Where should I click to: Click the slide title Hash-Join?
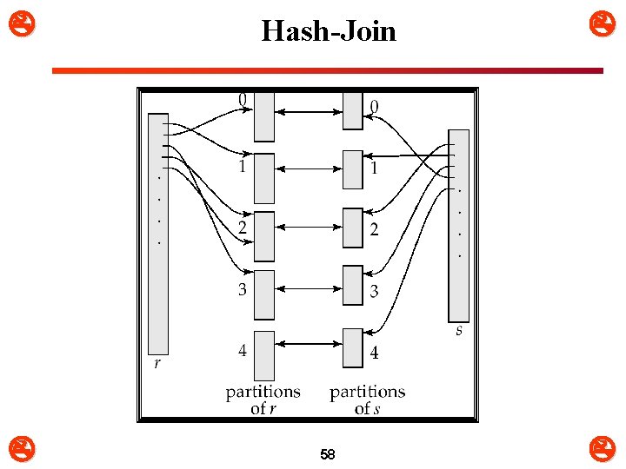[329, 32]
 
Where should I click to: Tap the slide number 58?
[328, 454]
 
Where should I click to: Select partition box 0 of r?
[264, 116]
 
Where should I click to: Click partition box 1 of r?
[264, 178]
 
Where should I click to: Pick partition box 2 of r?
[264, 236]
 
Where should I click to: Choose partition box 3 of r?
[264, 294]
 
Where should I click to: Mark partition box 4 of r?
[264, 354]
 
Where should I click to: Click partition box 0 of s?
[352, 110]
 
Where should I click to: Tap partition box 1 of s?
[352, 169]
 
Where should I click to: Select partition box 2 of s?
[352, 228]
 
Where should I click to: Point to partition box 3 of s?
[352, 286]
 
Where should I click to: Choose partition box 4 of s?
[352, 347]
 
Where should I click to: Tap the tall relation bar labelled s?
[458, 226]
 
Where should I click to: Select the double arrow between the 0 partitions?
[309, 110]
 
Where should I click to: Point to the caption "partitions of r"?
[263, 400]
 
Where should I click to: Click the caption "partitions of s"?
[367, 400]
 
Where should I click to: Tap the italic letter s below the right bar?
[459, 331]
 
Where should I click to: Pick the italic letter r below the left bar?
[156, 364]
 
